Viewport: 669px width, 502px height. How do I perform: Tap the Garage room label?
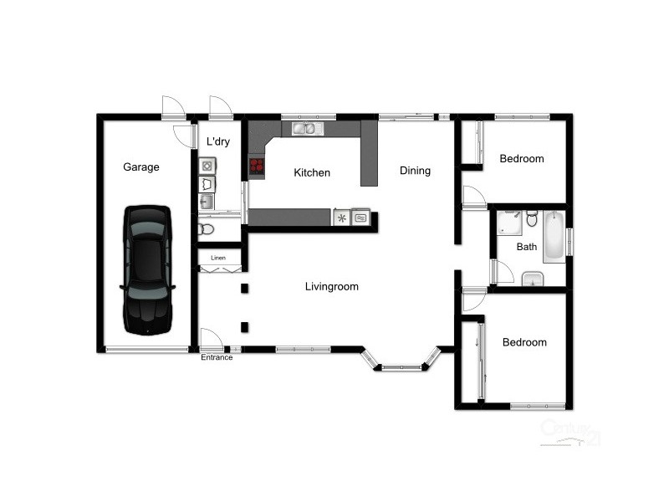coord(140,167)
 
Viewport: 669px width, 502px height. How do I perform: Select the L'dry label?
coord(217,142)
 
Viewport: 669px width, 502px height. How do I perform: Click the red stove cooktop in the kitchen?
coord(257,166)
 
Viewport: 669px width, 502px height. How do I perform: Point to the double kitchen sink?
coord(304,129)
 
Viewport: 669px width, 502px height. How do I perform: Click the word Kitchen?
coord(312,173)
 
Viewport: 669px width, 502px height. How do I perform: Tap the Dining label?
coord(415,171)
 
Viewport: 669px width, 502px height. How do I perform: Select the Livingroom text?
coord(331,287)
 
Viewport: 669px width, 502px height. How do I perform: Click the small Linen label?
coord(218,258)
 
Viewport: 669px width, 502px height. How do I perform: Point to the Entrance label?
coord(217,358)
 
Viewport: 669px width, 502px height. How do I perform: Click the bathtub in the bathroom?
coord(554,236)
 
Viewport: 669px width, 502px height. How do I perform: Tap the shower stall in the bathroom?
coord(508,223)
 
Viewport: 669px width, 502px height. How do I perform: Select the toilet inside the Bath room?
coord(531,219)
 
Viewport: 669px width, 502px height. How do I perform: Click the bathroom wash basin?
coord(533,279)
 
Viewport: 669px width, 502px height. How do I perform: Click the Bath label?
coord(527,247)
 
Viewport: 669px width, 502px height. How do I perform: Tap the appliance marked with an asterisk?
coord(342,218)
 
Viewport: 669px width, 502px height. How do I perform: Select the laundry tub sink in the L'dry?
coord(207,201)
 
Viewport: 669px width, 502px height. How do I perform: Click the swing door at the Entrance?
coord(211,340)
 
